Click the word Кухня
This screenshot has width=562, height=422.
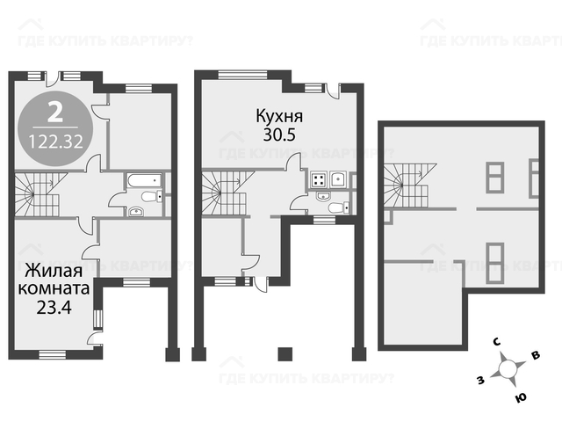tap(279, 116)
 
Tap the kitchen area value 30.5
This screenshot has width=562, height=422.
tap(279, 135)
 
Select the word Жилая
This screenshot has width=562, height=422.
tap(54, 271)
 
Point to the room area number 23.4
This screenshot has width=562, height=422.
tap(54, 307)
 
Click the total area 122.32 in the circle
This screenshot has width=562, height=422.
tap(55, 142)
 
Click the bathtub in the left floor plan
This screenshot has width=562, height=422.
tap(143, 180)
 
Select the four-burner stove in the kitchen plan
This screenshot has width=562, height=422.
tap(319, 179)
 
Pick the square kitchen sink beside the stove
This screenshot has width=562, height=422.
tap(337, 179)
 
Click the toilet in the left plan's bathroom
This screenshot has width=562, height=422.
tap(151, 197)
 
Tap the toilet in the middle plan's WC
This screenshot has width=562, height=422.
tap(338, 207)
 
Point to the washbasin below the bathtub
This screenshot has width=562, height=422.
tap(136, 211)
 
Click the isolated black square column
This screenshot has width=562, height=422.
tap(285, 354)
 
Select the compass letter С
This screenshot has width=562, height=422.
tap(497, 342)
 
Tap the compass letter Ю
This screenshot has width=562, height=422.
tap(521, 397)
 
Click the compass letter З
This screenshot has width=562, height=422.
tap(480, 380)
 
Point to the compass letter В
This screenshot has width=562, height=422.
tap(536, 355)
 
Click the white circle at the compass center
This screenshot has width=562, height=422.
tap(508, 369)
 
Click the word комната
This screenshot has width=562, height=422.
tap(54, 288)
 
